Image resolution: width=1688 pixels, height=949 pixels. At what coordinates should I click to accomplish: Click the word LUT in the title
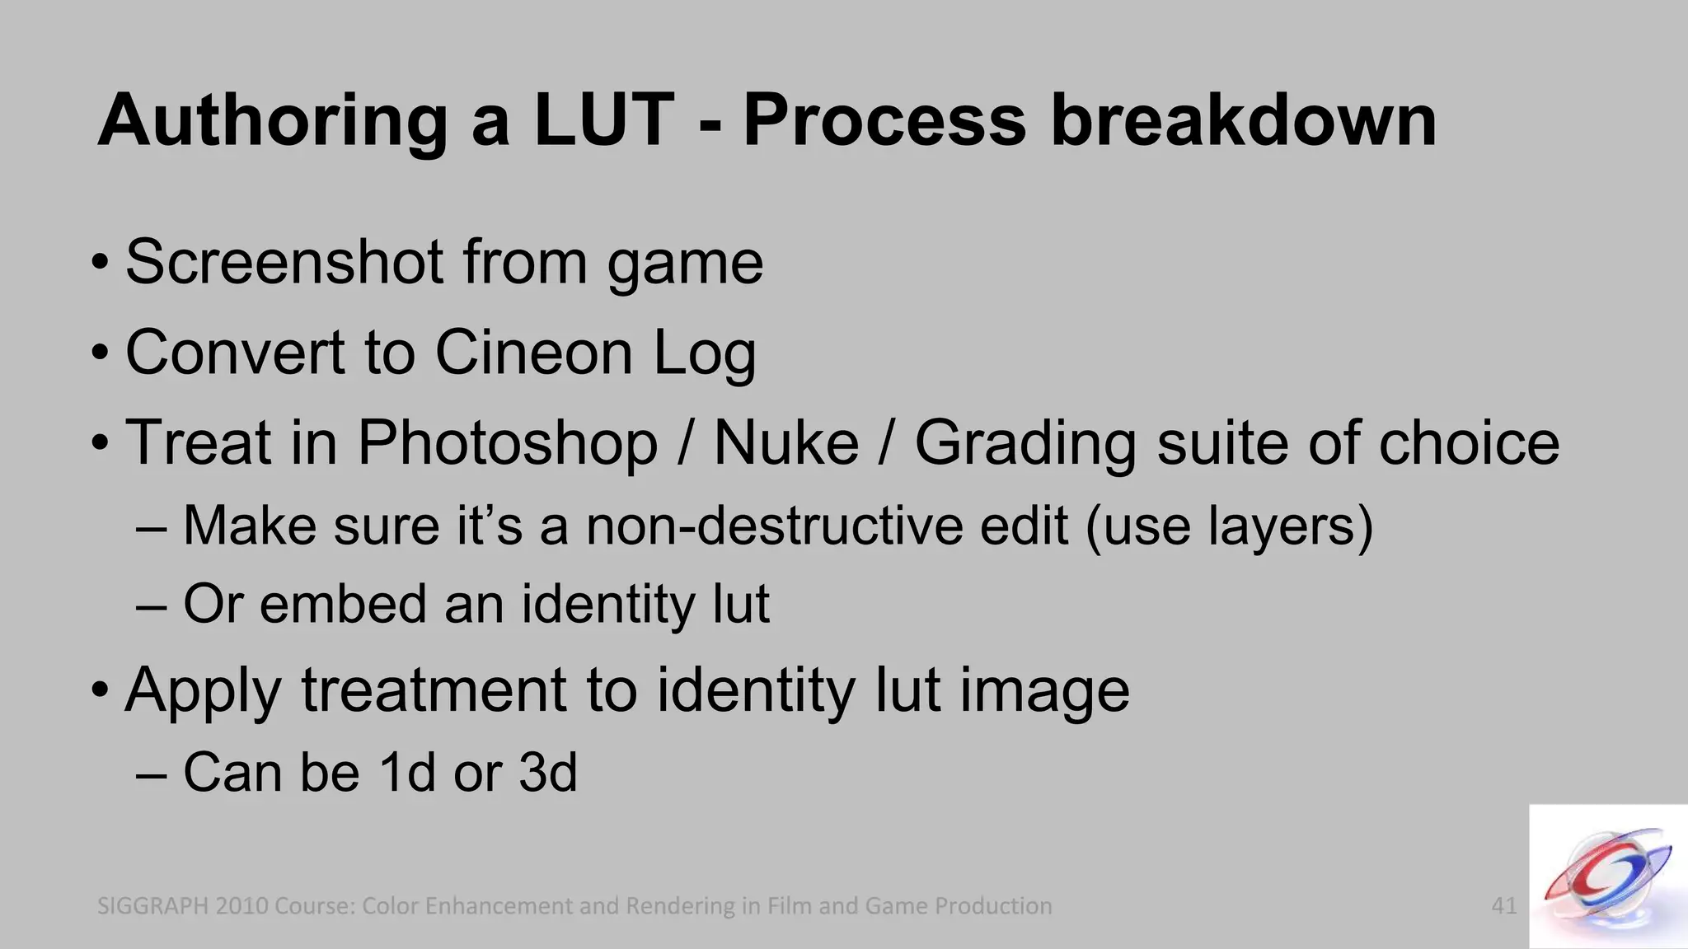(604, 120)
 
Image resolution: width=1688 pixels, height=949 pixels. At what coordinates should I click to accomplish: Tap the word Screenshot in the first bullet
(284, 262)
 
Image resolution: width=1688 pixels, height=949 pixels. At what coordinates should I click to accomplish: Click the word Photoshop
(507, 443)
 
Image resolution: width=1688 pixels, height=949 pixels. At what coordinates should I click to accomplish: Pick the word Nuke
(785, 443)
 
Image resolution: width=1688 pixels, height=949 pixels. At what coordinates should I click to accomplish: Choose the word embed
(343, 604)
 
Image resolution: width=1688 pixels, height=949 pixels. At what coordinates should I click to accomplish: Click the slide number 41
(1504, 906)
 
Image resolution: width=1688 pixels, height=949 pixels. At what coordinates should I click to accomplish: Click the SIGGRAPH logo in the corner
(1607, 877)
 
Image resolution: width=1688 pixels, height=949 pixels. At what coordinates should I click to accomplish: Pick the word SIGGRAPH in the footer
(152, 906)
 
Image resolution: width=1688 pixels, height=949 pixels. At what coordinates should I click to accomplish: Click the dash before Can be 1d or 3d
(151, 774)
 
